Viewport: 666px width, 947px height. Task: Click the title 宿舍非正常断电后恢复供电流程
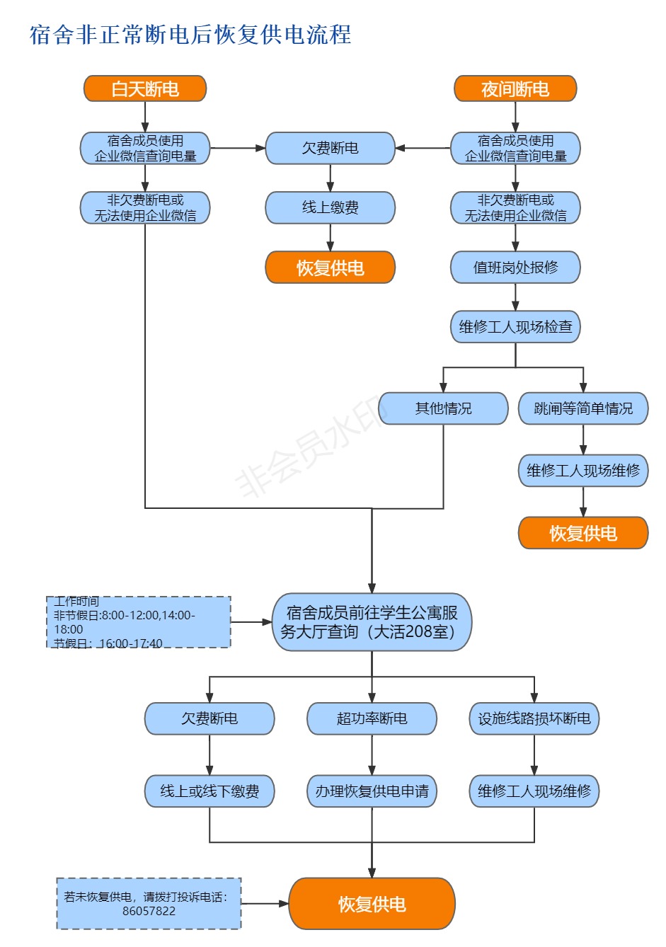click(190, 35)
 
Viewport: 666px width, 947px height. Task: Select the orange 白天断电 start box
click(145, 89)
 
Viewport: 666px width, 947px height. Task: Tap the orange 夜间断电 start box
click(515, 89)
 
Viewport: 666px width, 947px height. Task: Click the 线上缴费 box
click(330, 207)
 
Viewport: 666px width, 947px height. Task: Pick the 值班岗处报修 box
click(515, 268)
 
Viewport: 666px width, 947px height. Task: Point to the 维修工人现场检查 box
click(515, 327)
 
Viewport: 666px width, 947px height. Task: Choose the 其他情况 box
click(443, 408)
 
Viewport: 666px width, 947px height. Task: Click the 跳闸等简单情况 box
click(583, 408)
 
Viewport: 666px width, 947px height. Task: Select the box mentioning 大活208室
click(372, 622)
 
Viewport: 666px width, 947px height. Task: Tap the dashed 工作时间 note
click(139, 622)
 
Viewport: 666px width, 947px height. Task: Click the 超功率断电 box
click(372, 718)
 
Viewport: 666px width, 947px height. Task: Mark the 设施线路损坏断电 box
click(534, 718)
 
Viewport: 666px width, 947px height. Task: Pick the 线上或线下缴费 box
click(209, 791)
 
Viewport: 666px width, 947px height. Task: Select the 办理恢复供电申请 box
click(372, 791)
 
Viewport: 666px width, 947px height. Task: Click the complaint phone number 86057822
click(149, 911)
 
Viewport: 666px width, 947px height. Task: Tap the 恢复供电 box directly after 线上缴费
click(330, 268)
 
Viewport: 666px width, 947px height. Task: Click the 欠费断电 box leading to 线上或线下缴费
click(209, 718)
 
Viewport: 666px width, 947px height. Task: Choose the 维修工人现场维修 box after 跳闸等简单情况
click(583, 471)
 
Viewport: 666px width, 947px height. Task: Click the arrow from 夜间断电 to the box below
click(515, 117)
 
